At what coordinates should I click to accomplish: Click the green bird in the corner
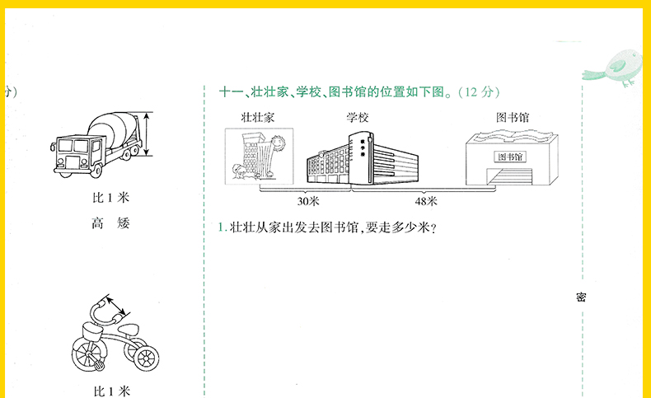pos(620,66)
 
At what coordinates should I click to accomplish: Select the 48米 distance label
pos(426,200)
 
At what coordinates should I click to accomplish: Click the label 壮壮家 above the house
pos(257,118)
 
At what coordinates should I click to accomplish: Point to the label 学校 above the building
pos(357,118)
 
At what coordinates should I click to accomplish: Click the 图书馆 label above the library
pos(513,118)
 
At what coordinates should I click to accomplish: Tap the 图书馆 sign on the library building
pos(512,157)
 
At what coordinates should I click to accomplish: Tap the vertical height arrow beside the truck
pos(148,134)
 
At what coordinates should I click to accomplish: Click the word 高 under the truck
pos(96,222)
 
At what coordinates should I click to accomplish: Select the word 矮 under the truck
pos(124,222)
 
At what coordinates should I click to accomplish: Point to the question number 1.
pos(222,227)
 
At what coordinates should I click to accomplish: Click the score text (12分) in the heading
pos(478,91)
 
